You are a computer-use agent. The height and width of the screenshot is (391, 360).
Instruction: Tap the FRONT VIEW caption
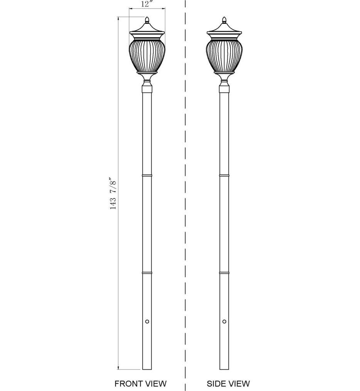click(x=141, y=383)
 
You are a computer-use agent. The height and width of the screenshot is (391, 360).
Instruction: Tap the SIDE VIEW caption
click(x=228, y=383)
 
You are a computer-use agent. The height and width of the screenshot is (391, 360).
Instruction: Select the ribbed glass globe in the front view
click(x=147, y=55)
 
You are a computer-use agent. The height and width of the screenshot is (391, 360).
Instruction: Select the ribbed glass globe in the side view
click(x=224, y=55)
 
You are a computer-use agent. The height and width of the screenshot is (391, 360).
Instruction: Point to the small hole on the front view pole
click(x=147, y=321)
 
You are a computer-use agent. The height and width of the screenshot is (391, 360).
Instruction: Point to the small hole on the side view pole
click(x=224, y=321)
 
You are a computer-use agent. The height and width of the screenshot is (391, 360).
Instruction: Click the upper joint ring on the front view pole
click(x=147, y=176)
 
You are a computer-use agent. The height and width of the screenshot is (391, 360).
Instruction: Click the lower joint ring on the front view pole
click(x=147, y=273)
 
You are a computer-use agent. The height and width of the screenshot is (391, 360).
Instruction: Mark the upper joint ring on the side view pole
click(x=224, y=176)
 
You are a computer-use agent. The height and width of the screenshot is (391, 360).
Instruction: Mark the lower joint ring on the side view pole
click(x=224, y=273)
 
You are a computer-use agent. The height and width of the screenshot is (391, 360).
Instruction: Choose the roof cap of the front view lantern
click(x=147, y=29)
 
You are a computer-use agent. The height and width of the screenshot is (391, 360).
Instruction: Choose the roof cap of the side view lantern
click(x=224, y=29)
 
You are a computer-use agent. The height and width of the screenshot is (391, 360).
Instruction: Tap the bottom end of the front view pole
click(x=147, y=369)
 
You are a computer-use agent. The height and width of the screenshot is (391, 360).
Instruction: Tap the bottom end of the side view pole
click(x=224, y=369)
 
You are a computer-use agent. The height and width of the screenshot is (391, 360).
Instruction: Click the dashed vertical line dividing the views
click(x=185, y=193)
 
